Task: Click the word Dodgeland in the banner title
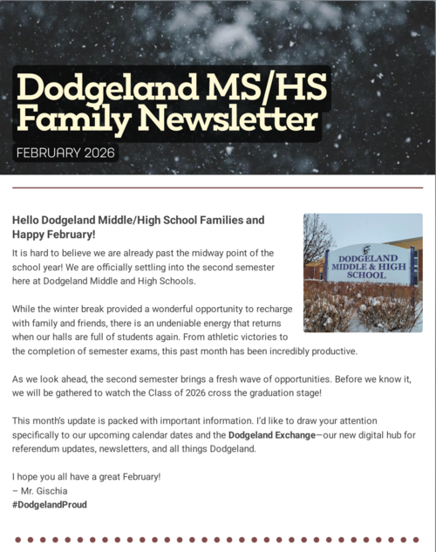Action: coord(86,87)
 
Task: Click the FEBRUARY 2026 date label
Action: coord(65,154)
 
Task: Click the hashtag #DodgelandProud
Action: coord(50,505)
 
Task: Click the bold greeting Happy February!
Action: coord(53,235)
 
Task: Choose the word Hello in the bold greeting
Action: coord(27,221)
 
